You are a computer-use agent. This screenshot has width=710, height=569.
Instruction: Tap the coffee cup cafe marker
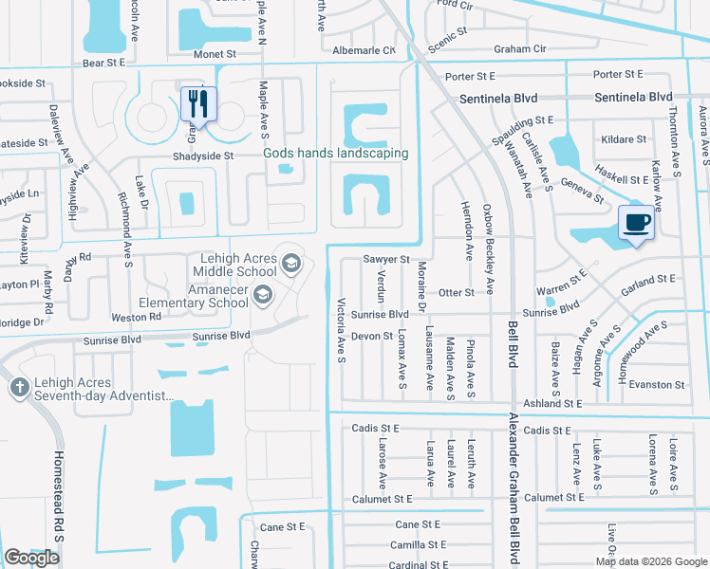pyautogui.click(x=636, y=224)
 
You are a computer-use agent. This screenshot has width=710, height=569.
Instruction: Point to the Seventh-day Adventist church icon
pyautogui.click(x=20, y=387)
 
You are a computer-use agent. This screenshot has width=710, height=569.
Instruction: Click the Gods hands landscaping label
pyautogui.click(x=336, y=153)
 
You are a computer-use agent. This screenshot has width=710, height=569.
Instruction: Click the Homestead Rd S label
pyautogui.click(x=58, y=516)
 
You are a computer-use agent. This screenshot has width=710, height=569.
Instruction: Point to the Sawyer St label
pyautogui.click(x=385, y=259)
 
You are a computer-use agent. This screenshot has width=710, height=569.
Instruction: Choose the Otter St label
pyautogui.click(x=456, y=293)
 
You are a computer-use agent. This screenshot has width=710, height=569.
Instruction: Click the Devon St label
pyautogui.click(x=372, y=336)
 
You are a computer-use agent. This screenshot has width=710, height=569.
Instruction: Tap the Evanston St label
pyautogui.click(x=657, y=384)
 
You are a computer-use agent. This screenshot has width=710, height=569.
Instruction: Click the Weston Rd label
pyautogui.click(x=129, y=317)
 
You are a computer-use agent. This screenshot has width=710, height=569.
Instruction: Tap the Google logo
pyautogui.click(x=31, y=558)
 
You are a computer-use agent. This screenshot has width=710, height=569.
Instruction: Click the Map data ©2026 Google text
pyautogui.click(x=650, y=561)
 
